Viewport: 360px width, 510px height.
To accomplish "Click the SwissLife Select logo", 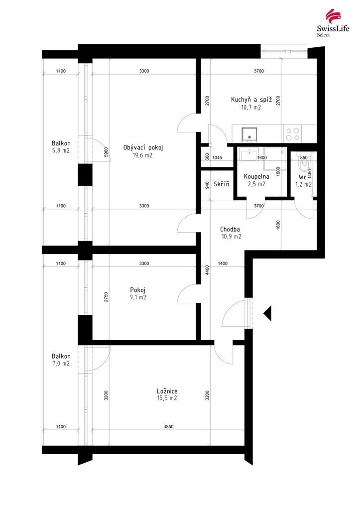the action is click(x=333, y=23).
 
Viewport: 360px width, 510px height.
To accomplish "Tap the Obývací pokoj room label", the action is click(x=143, y=147).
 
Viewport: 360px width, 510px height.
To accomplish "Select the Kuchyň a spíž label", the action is click(x=251, y=100).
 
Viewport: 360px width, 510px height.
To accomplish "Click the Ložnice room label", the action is click(x=167, y=391).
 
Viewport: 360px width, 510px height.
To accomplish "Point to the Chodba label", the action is click(x=230, y=229).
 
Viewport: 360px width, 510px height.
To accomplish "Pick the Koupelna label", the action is click(x=256, y=177).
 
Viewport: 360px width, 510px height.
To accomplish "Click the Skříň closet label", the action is click(x=222, y=184).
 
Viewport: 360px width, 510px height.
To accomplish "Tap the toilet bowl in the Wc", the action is click(x=304, y=164).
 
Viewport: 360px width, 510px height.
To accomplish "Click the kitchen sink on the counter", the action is click(x=249, y=134).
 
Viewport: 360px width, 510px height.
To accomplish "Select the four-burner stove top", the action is click(x=292, y=134).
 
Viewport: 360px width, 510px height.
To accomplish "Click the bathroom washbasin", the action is click(x=249, y=154).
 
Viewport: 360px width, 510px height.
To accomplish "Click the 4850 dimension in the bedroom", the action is click(x=168, y=426).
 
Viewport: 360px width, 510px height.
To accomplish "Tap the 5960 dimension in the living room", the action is click(x=107, y=152).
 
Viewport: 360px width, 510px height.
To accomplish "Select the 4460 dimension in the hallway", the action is click(x=207, y=270).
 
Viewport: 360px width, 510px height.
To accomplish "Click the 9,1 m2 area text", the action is click(x=138, y=297).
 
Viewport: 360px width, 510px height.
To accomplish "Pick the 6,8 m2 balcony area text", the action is click(x=61, y=150).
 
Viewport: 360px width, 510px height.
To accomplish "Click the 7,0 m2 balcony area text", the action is click(x=61, y=364).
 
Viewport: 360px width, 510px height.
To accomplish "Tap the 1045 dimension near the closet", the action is click(x=217, y=158).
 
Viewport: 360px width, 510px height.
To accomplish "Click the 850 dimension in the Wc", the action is click(x=303, y=158).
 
